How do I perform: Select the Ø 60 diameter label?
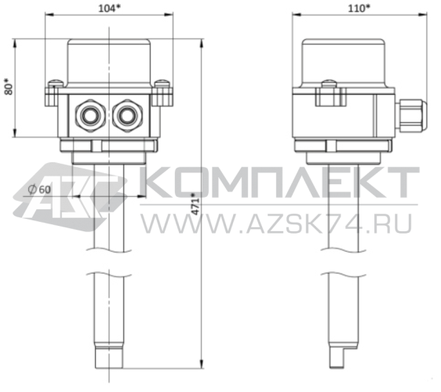coord(39,190)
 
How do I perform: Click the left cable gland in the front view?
coord(88,115)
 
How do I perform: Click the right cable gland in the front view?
coord(126,115)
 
